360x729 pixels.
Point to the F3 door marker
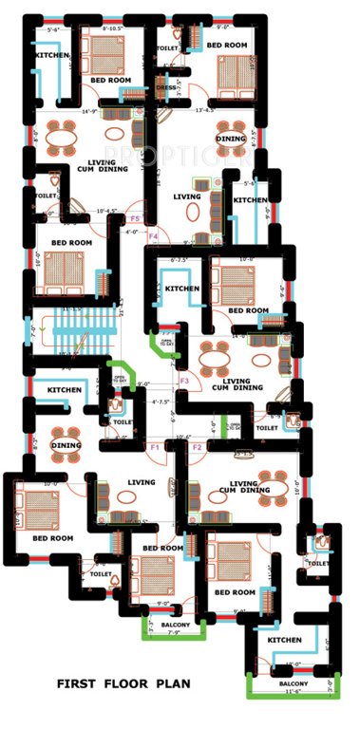(x=185, y=382)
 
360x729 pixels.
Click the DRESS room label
(x=167, y=88)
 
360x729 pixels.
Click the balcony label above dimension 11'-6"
(x=293, y=683)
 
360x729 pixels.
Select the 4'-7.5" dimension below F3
(x=162, y=402)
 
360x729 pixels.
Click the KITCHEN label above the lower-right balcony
(x=285, y=640)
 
